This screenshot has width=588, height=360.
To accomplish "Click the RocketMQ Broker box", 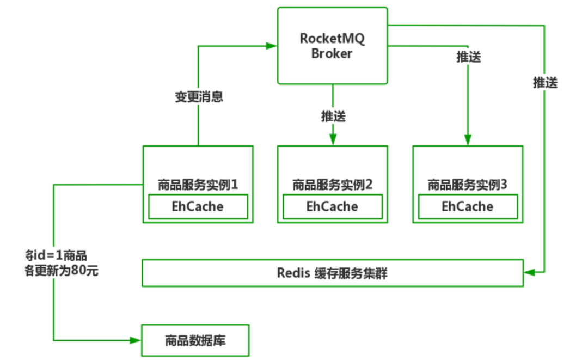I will pyautogui.click(x=333, y=46).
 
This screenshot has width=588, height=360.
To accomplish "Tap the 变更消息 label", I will pyautogui.click(x=198, y=97).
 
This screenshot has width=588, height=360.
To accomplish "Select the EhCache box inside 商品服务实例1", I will pyautogui.click(x=198, y=206).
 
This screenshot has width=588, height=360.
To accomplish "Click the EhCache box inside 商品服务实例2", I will pyautogui.click(x=332, y=206).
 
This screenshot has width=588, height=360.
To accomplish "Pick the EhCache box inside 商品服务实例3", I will pyautogui.click(x=468, y=206).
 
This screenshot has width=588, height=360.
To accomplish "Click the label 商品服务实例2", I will pyautogui.click(x=332, y=185).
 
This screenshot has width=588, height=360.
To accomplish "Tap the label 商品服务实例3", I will pyautogui.click(x=468, y=185).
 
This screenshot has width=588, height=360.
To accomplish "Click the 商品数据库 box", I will pyautogui.click(x=195, y=341).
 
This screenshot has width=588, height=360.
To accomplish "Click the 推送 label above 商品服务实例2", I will pyautogui.click(x=333, y=116).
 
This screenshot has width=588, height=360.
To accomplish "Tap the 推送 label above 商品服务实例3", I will pyautogui.click(x=468, y=57).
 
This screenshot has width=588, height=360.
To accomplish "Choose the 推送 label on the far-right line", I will pyautogui.click(x=545, y=83).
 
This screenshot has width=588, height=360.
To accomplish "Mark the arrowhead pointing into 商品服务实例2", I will pyautogui.click(x=333, y=139).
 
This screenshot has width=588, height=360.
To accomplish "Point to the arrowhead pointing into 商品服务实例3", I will pyautogui.click(x=468, y=139).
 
